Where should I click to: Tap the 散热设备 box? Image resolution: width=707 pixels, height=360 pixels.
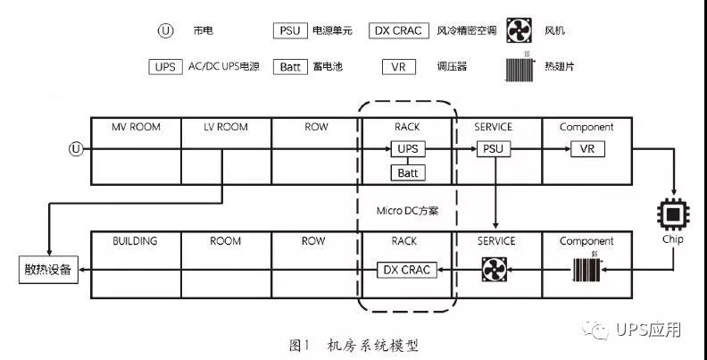pyautogui.click(x=49, y=269)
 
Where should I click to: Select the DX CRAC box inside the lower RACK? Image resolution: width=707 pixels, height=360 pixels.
pyautogui.click(x=407, y=269)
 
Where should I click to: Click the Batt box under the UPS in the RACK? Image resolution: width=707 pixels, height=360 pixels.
pyautogui.click(x=407, y=172)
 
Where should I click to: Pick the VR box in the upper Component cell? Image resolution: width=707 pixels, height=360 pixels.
pyautogui.click(x=586, y=148)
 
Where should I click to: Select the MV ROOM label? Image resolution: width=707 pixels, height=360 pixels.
pyautogui.click(x=137, y=127)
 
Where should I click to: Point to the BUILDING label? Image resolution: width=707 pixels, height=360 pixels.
pyautogui.click(x=136, y=241)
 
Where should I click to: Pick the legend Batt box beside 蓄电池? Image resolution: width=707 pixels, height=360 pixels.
pyautogui.click(x=291, y=67)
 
